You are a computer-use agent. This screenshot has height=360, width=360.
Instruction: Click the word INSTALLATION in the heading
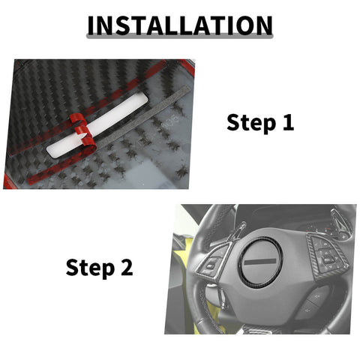180,25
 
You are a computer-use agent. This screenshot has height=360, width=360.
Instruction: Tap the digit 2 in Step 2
125,268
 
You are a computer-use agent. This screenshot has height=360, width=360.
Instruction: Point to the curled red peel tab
80,135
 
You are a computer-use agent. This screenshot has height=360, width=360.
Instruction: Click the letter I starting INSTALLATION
91,25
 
